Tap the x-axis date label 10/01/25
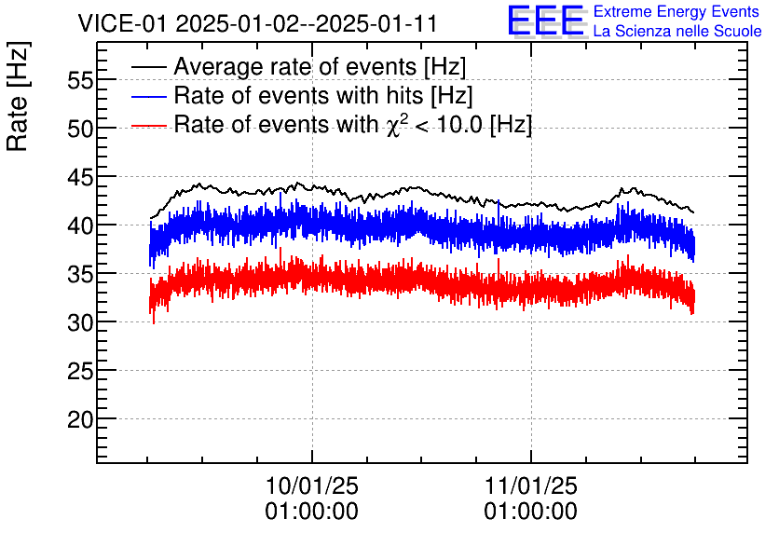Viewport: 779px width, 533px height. (312, 486)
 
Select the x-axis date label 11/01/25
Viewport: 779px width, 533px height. (531, 486)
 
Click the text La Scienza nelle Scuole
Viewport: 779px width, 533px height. (677, 32)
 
